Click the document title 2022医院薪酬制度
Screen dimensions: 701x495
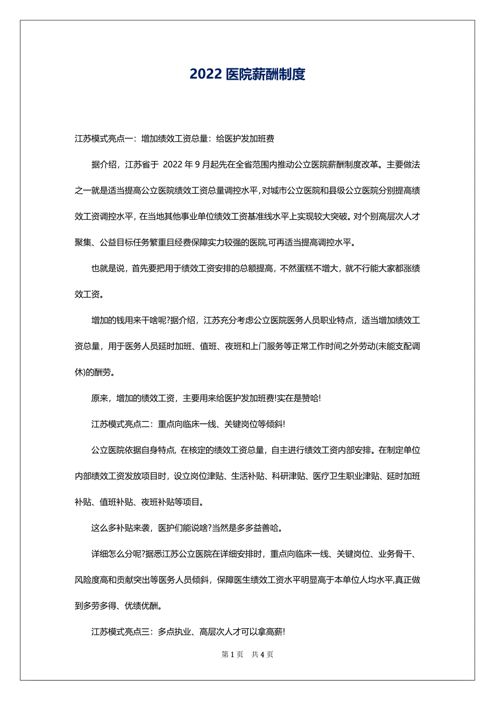point(247,74)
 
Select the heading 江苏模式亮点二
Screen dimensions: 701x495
point(121,424)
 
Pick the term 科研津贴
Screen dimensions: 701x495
point(289,476)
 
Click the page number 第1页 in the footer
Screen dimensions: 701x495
point(232,655)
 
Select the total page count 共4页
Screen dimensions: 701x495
point(263,655)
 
